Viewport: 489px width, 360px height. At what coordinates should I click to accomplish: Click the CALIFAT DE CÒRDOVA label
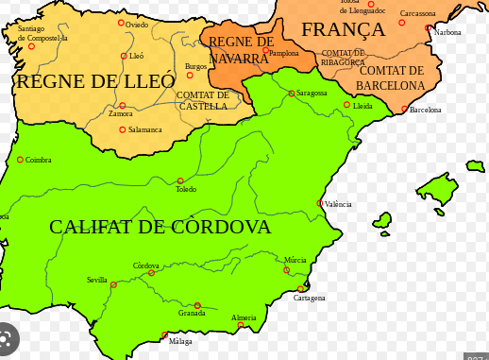click(160, 228)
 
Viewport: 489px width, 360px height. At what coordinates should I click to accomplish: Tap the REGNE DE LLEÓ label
click(95, 81)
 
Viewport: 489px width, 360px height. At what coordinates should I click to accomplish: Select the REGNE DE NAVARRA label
click(240, 50)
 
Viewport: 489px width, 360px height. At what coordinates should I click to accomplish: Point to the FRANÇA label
click(343, 29)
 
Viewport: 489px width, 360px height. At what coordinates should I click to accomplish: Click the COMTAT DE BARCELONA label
click(392, 77)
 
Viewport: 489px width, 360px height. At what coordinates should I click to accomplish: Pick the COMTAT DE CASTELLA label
click(203, 100)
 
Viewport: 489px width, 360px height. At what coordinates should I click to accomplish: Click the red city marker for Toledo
click(180, 180)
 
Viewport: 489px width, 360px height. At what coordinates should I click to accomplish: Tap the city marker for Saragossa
click(292, 94)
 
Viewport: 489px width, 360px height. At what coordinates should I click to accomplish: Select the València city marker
click(320, 203)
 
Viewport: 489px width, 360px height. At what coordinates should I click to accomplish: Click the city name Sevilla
click(97, 280)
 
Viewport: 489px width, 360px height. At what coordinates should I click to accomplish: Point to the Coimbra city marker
click(20, 160)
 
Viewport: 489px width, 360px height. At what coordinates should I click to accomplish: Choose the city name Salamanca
click(145, 129)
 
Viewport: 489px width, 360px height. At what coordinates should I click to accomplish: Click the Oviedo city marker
click(121, 23)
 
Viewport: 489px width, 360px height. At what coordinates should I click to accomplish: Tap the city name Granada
click(192, 313)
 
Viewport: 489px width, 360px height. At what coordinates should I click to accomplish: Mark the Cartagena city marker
click(301, 289)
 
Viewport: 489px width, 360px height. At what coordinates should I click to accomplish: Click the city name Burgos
click(195, 65)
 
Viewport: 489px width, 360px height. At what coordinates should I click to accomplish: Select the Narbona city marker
click(429, 28)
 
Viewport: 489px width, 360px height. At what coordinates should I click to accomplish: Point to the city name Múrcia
click(295, 260)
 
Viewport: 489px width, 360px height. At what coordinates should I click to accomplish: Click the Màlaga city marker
click(164, 334)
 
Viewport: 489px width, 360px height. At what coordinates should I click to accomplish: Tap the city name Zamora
click(121, 113)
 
